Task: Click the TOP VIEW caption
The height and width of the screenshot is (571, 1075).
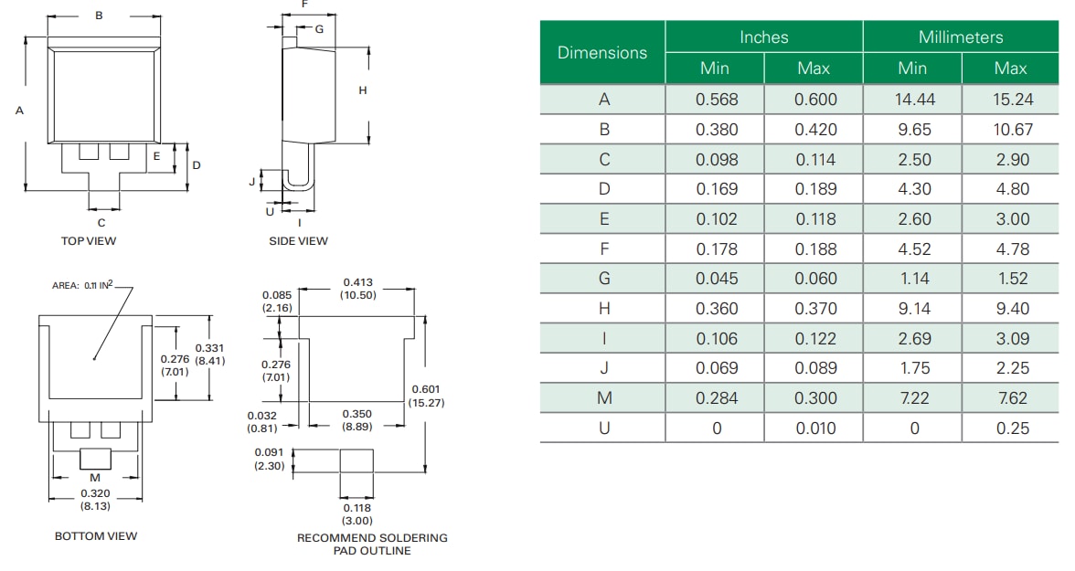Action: coord(89,241)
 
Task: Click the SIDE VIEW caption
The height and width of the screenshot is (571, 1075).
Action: coord(298,241)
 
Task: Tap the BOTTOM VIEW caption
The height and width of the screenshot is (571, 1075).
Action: coord(96,536)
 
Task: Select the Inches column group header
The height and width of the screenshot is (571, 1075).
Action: coord(763,37)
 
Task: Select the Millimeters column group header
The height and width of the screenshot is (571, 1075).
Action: coord(960,37)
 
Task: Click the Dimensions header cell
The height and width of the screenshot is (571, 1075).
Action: coord(602,53)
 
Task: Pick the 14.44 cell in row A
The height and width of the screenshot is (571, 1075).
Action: coord(911,100)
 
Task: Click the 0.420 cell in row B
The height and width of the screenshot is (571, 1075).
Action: coord(814,130)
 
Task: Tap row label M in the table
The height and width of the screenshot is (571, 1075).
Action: coord(603,398)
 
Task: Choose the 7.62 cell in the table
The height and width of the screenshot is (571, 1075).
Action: coord(1011,398)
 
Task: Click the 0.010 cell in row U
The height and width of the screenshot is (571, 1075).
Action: coord(814,428)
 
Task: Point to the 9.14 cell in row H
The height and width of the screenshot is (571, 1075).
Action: coord(911,309)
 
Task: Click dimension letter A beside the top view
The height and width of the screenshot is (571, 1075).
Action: coord(19,111)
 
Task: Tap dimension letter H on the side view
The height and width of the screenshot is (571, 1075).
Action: coord(362,90)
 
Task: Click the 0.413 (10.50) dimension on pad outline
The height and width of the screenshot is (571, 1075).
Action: coord(357,289)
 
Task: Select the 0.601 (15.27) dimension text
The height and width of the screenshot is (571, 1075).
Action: coord(426,396)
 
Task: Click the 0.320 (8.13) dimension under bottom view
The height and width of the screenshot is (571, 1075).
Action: coord(95,499)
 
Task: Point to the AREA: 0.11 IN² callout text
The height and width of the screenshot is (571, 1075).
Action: coord(83,285)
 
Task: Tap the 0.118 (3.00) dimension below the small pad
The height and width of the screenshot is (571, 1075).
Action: coord(357,514)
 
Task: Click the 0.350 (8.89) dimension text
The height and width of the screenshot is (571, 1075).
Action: coord(357,419)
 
